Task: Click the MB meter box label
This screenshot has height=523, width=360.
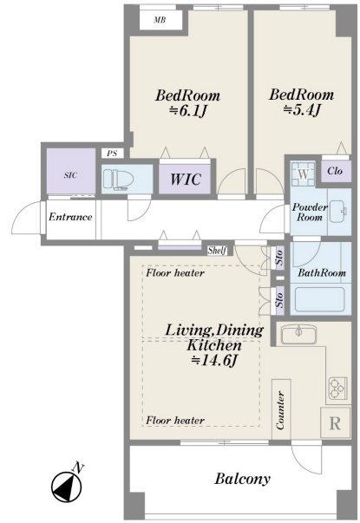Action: point(160,20)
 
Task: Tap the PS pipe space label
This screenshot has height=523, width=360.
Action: point(112,154)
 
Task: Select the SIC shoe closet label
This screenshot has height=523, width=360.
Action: point(70,175)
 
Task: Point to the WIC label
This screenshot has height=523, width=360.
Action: point(186,180)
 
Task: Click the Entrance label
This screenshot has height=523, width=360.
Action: point(70,217)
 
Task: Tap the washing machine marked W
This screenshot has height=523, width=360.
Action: point(303,174)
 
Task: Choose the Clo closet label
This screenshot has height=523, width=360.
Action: point(335,171)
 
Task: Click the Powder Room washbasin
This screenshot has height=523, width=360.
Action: point(339,212)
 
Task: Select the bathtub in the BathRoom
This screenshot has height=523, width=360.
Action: point(319,299)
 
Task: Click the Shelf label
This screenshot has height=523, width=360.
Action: point(217,250)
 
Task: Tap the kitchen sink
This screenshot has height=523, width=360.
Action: point(298,335)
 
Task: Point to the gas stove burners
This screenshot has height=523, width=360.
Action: point(338,389)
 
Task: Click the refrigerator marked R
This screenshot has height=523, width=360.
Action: point(335,422)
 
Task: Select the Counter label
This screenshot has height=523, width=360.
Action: point(281,410)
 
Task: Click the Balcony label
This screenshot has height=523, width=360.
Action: point(242,479)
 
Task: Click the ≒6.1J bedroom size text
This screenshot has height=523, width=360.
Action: point(187,111)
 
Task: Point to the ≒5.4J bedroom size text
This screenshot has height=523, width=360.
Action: point(302,110)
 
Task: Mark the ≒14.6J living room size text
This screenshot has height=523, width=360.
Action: point(214,360)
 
